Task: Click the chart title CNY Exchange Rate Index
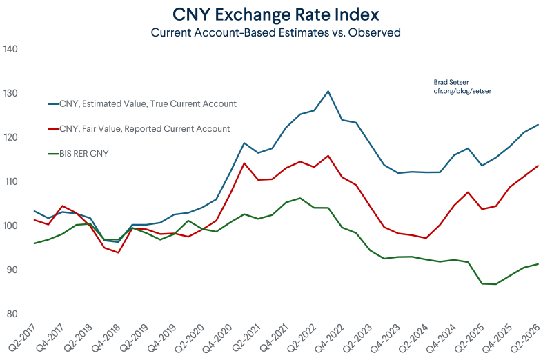[x=275, y=14]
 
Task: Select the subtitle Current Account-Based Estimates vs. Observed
[x=275, y=32]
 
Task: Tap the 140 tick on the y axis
[x=10, y=49]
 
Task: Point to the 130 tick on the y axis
[x=10, y=93]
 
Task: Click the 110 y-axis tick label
[x=10, y=181]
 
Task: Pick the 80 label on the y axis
[x=12, y=314]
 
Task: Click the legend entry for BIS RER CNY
[x=78, y=154]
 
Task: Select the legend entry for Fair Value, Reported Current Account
[x=139, y=129]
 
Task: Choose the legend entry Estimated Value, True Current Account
[x=142, y=104]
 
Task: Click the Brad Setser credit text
[x=451, y=82]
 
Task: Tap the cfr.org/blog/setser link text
[x=462, y=91]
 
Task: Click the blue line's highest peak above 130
[x=328, y=91]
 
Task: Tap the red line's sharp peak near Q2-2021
[x=244, y=163]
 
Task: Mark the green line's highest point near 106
[x=300, y=198]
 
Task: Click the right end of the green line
[x=538, y=264]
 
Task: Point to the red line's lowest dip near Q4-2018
[x=118, y=252]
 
